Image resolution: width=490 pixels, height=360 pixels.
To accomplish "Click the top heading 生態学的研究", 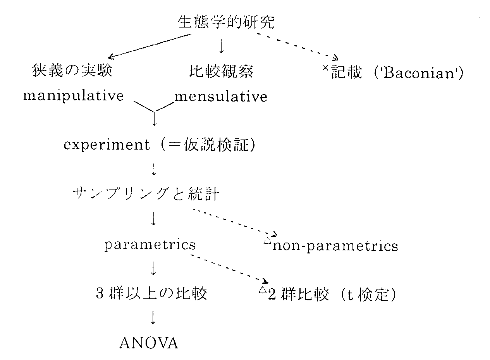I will coord(226,22).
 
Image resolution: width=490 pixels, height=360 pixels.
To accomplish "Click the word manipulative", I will coord(73,96).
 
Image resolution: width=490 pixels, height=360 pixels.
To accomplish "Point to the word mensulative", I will coord(221,96).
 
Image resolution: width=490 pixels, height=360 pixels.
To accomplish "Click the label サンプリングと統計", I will coord(146,194).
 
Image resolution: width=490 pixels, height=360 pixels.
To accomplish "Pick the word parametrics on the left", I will coord(150,245).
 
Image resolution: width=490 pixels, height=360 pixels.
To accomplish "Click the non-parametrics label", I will coord(335,246).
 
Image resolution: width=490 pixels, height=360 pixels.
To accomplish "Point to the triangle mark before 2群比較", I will coord(261,290).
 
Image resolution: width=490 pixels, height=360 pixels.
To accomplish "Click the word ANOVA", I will coord(149,343).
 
